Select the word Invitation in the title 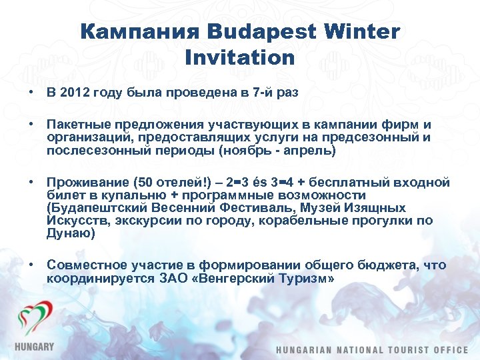(240, 57)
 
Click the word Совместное (85, 265)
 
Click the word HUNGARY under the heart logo (35, 347)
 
